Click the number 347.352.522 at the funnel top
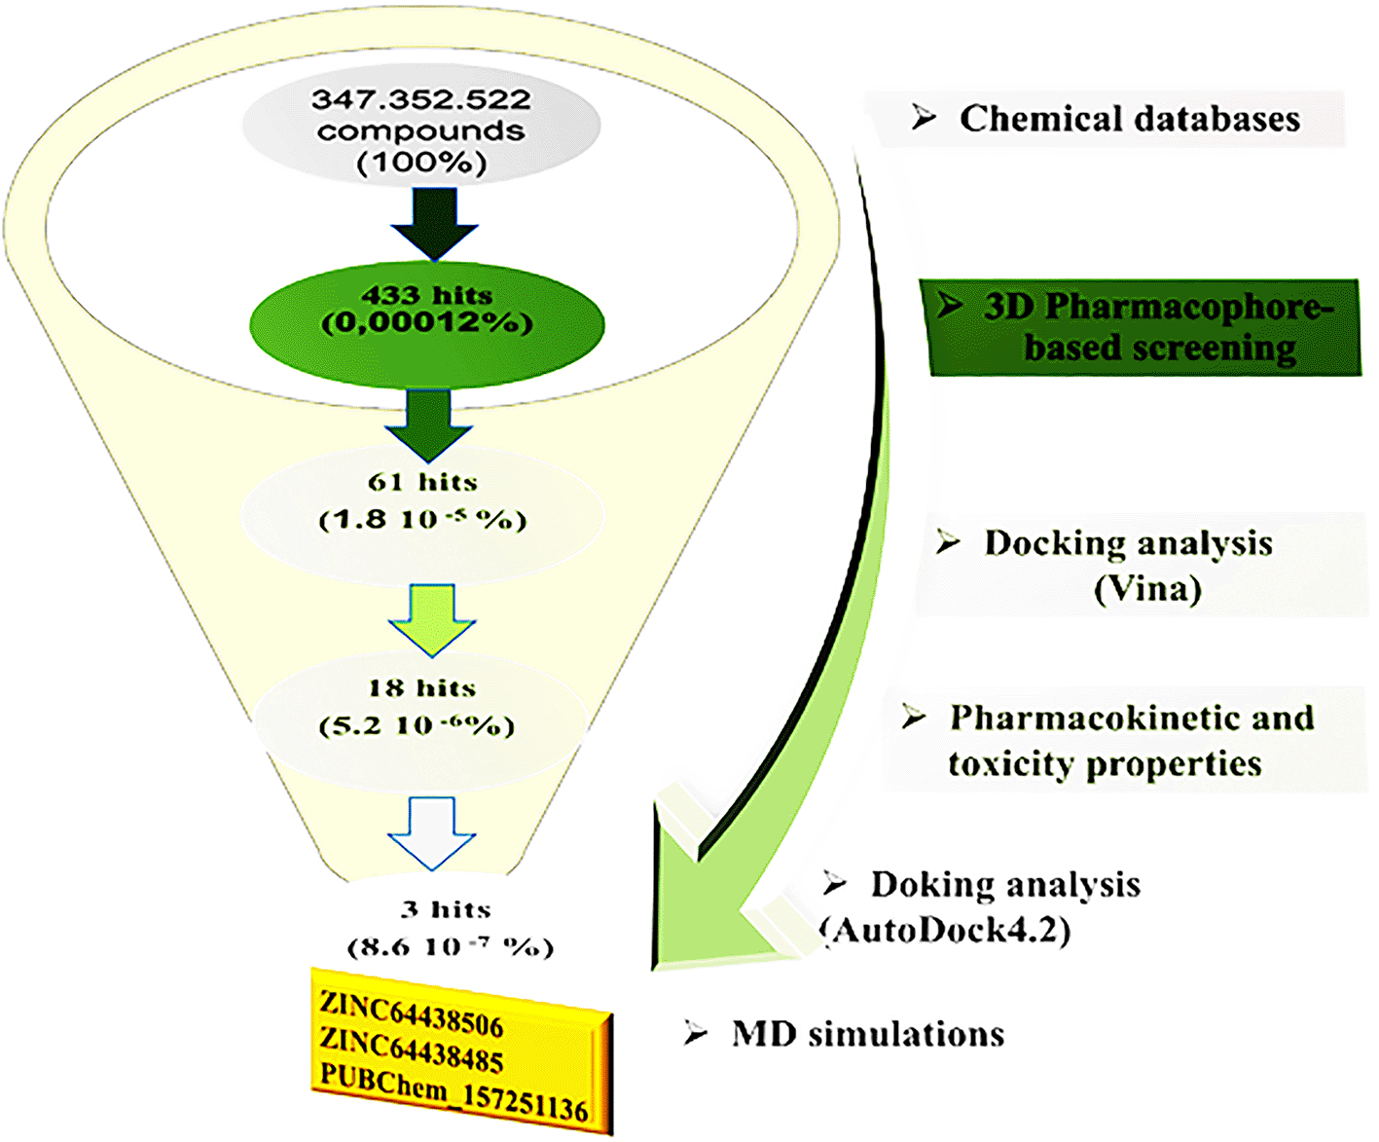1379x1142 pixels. point(420,99)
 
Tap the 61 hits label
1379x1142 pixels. point(422,482)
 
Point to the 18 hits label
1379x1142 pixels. point(422,688)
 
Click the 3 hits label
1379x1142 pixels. point(447,909)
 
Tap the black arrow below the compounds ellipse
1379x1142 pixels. point(434,223)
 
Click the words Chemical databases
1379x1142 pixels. point(1129,119)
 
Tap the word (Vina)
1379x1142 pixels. point(1147,588)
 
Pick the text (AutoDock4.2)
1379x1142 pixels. point(946,930)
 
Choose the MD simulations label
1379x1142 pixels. point(867,1033)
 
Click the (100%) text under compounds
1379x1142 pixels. point(421,162)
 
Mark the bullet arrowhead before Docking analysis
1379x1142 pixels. point(948,542)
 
